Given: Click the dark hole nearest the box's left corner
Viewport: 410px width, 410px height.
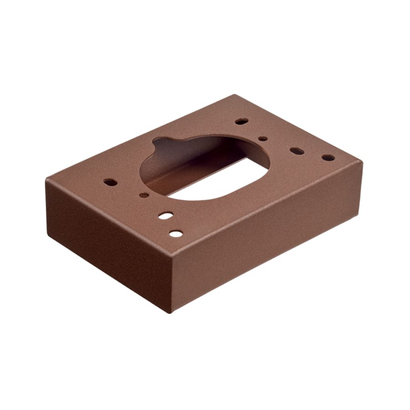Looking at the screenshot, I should pyautogui.click(x=110, y=182).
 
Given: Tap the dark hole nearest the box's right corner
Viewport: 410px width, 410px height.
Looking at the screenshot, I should pyautogui.click(x=328, y=158).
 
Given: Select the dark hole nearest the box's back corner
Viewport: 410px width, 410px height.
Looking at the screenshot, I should pyautogui.click(x=241, y=122).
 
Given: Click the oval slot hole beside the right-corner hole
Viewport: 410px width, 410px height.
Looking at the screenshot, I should pyautogui.click(x=297, y=151).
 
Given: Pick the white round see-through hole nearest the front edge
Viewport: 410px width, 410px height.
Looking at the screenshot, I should pyautogui.click(x=176, y=234).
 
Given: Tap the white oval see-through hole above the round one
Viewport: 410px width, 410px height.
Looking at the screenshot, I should pyautogui.click(x=165, y=215).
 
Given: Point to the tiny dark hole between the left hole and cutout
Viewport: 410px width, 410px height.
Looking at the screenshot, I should pyautogui.click(x=144, y=195).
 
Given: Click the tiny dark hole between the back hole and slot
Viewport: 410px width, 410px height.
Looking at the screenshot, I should pyautogui.click(x=263, y=138).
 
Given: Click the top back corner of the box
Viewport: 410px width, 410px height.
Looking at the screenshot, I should pyautogui.click(x=235, y=95).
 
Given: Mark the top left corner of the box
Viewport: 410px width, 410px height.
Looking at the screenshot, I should pyautogui.click(x=46, y=179).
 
